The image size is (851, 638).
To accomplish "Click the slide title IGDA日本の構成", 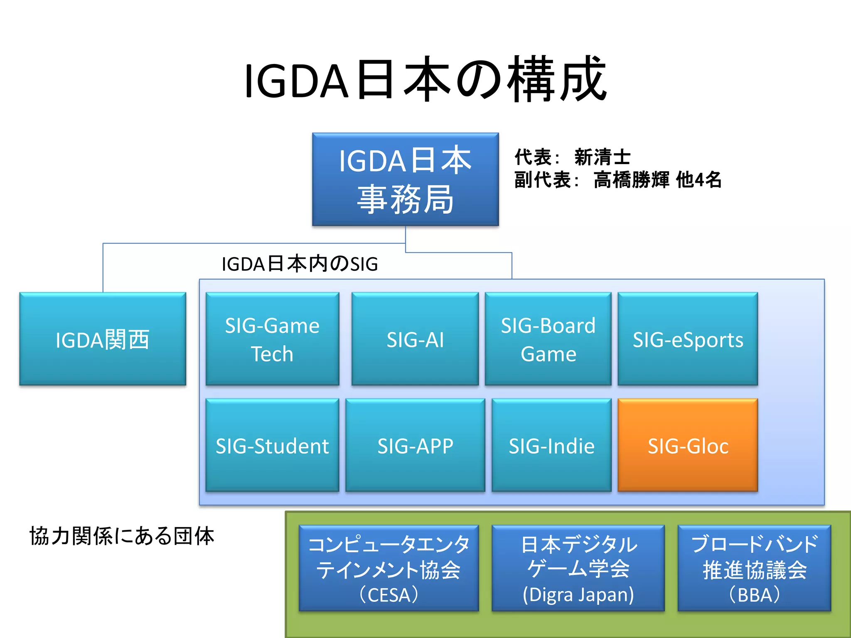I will click(x=425, y=80).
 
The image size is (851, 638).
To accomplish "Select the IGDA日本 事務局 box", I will click(x=405, y=179).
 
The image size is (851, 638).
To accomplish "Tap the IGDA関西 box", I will click(x=103, y=339).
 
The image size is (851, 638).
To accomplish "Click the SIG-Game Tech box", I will click(x=272, y=339).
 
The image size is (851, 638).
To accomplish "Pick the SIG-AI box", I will click(x=415, y=339).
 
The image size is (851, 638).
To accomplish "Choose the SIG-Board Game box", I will click(x=548, y=339).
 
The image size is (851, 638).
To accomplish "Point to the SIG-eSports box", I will click(x=688, y=339).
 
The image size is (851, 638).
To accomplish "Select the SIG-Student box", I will click(x=272, y=445).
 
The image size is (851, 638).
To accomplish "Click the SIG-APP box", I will click(x=415, y=445).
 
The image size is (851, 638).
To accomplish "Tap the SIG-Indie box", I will click(x=551, y=445).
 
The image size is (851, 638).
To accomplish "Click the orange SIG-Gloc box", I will click(x=688, y=445).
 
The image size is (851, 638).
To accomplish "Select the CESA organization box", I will click(x=389, y=568).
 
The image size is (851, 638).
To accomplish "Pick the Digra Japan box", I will click(x=578, y=568).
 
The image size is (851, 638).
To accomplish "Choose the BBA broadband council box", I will click(x=754, y=568).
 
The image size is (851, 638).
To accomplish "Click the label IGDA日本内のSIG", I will click(x=300, y=264).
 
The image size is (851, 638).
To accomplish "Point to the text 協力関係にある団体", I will click(x=121, y=536).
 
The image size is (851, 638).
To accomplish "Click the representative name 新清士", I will click(x=602, y=157).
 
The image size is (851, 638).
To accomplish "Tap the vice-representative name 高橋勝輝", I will click(x=631, y=180).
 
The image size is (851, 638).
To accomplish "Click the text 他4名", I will click(x=699, y=180).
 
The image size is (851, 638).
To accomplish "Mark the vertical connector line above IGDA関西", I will click(x=103, y=268).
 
